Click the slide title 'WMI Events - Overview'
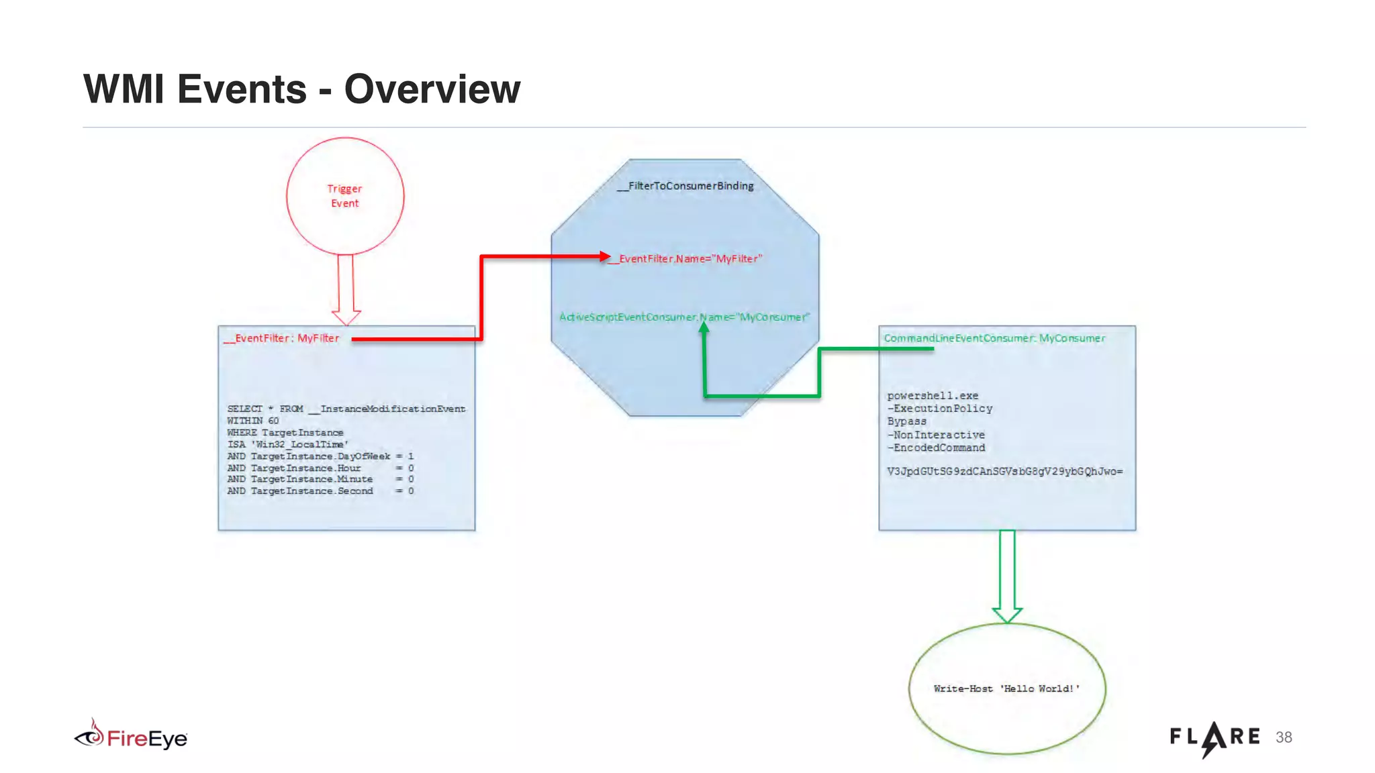[301, 89]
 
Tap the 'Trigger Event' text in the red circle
[344, 196]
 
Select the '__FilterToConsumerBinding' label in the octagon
[685, 186]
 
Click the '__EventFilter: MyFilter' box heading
[282, 338]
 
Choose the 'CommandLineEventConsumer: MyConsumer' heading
[994, 338]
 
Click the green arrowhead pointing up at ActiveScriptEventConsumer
[704, 328]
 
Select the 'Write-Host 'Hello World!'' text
[1006, 688]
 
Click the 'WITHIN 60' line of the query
[252, 421]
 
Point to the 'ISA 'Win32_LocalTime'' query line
[287, 444]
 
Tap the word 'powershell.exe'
[933, 396]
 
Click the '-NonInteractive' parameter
[936, 435]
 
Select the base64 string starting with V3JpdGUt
[1004, 472]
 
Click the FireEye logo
[131, 737]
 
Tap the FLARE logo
[1215, 738]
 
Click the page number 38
[1284, 737]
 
